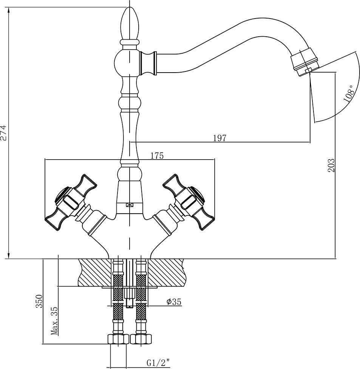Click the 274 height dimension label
(4, 133)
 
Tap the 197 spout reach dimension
(219, 138)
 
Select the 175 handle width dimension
(157, 156)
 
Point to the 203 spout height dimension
(331, 165)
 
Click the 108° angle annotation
(349, 93)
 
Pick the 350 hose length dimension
(39, 301)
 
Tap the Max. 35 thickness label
(54, 321)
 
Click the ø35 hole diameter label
(174, 302)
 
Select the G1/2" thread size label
(158, 363)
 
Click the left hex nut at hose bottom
(118, 339)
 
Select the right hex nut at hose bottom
(141, 339)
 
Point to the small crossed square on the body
(130, 205)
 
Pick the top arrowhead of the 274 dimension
(9, 11)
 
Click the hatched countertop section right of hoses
(166, 273)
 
